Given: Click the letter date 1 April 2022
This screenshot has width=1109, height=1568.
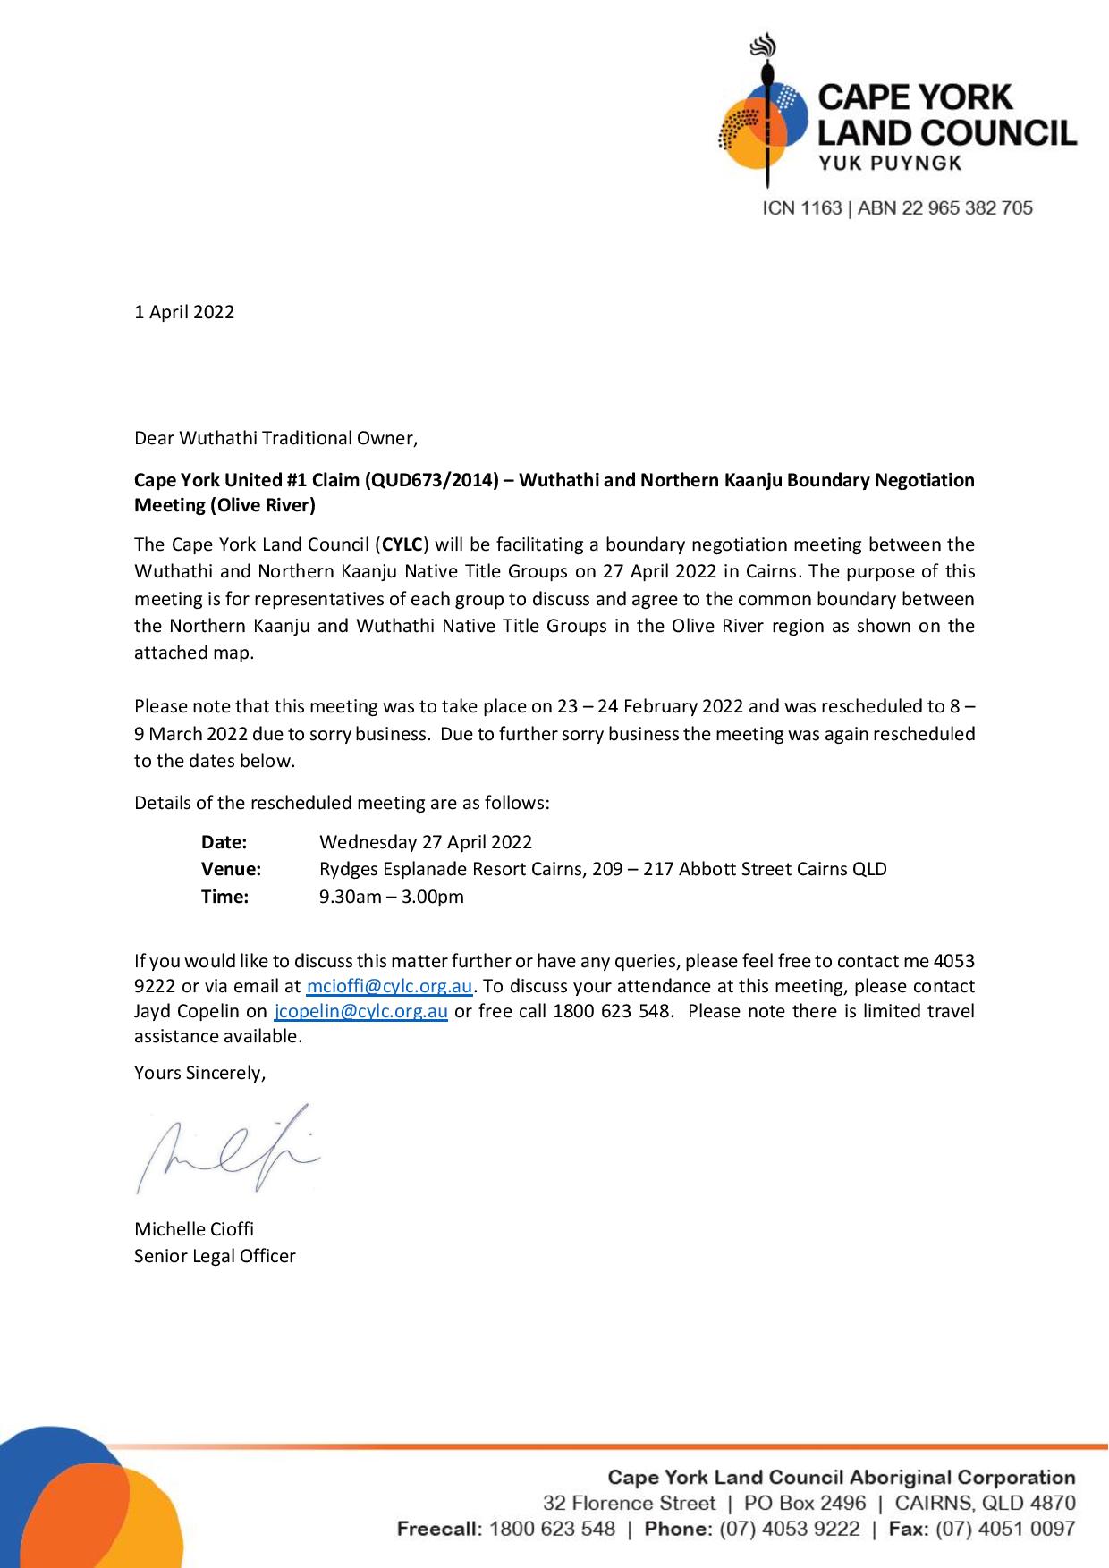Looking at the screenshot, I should coord(184,312).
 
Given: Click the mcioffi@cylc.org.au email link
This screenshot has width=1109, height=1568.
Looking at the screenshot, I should coord(389,987).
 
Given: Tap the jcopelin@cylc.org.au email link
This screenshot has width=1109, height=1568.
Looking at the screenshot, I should coord(360,1012).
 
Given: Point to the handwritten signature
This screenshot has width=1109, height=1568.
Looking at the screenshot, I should coord(228,1149).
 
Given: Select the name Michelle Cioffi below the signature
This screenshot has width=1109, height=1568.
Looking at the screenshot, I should coord(194,1229).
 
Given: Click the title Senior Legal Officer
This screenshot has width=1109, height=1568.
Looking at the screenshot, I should coord(215,1256).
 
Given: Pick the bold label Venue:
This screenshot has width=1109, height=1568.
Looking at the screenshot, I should coord(231,869).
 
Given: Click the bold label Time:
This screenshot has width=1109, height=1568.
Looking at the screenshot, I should coord(224,897).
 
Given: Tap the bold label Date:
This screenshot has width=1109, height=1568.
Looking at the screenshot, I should coord(224,842).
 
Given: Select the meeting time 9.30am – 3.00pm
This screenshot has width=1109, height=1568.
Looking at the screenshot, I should coord(392,897).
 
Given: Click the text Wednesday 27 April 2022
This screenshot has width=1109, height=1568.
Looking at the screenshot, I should coord(426,842).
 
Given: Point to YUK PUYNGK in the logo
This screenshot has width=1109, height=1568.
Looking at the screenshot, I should coord(890,163).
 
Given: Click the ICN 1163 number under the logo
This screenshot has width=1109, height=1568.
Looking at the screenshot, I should coord(802,208).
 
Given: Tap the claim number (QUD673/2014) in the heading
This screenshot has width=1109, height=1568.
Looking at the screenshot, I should coord(430,480).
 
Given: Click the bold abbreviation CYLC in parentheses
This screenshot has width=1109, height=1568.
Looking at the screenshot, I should coord(402,544).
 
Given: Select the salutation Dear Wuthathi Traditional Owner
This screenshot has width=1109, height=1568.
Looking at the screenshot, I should coord(275,438).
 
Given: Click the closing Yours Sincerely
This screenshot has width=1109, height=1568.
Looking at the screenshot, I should coord(200,1073).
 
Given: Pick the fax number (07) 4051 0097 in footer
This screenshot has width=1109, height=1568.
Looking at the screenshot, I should coord(1005,1529).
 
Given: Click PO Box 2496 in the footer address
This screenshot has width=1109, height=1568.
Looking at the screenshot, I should coord(805,1504).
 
